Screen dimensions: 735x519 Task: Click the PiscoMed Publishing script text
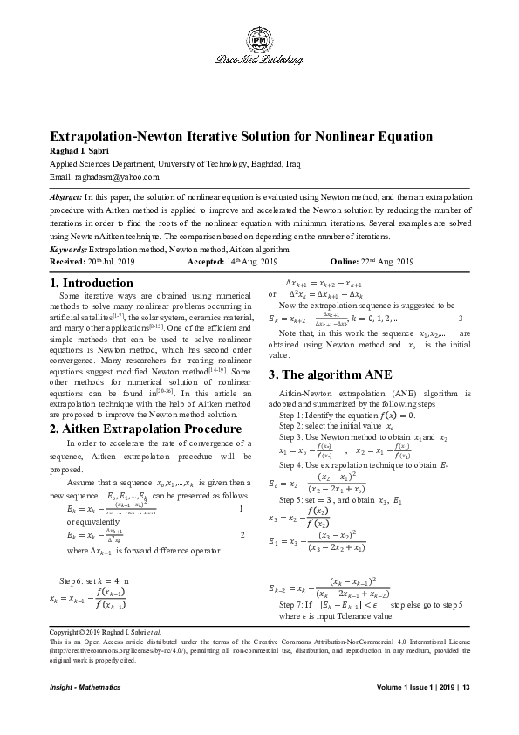pos(259,61)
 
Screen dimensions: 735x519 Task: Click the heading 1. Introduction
pos(92,283)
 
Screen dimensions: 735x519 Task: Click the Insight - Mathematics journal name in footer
pos(85,689)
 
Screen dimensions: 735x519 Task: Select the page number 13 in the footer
pos(466,689)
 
